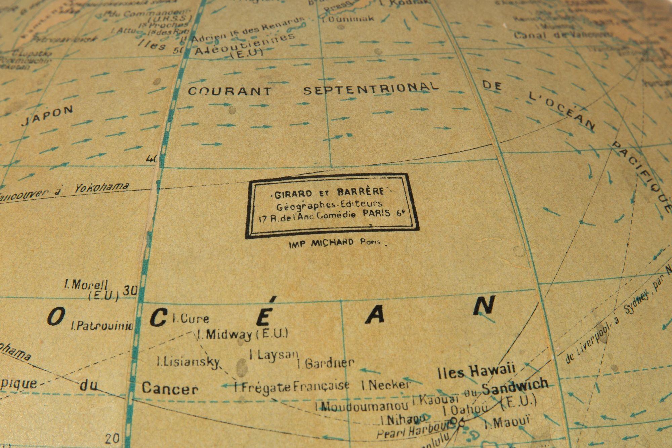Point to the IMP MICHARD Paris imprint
(335, 243)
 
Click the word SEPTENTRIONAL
(371, 88)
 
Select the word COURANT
(229, 91)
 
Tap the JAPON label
(47, 116)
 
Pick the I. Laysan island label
(274, 355)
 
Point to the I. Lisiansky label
(188, 362)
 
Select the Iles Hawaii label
(477, 371)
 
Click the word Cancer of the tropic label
(170, 389)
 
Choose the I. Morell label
(86, 285)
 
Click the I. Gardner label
(326, 363)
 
